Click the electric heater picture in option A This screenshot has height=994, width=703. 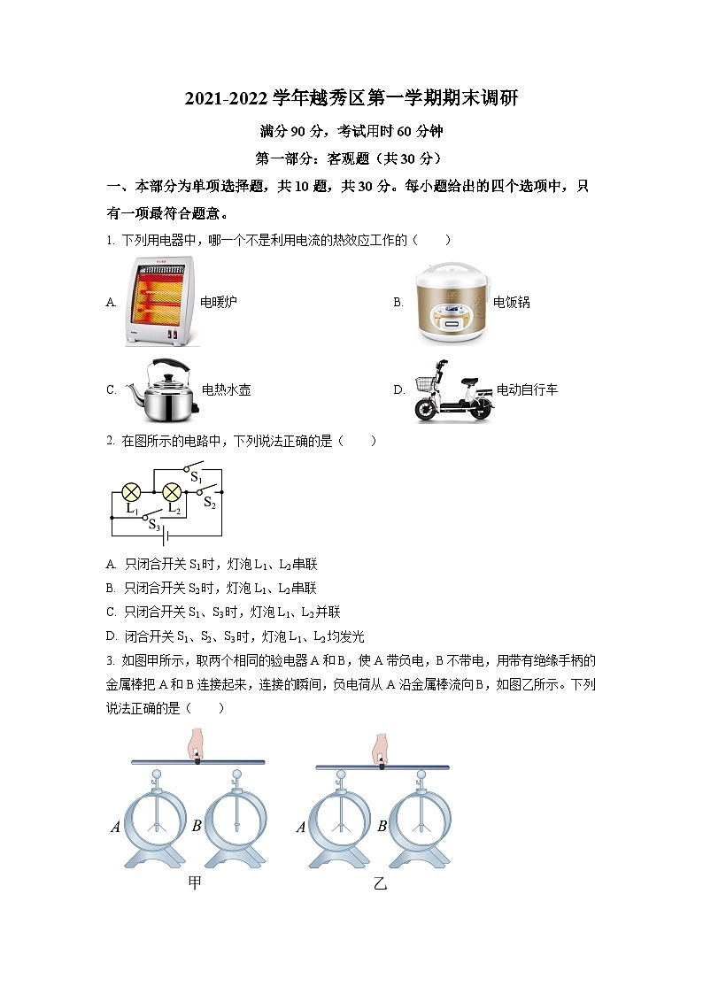tap(158, 301)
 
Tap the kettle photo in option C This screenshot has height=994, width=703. tap(160, 389)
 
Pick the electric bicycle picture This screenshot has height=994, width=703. tap(452, 390)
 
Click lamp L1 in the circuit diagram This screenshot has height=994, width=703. tap(131, 492)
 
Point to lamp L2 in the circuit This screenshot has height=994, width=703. tap(173, 492)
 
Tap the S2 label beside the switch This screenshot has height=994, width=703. tap(210, 503)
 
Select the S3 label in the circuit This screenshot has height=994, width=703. tap(154, 524)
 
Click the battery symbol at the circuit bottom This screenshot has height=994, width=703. tap(165, 536)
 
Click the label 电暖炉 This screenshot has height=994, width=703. tap(218, 302)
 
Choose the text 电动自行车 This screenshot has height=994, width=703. tap(527, 389)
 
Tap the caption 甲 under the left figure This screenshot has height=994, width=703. tap(195, 882)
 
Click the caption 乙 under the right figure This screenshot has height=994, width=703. tap(380, 882)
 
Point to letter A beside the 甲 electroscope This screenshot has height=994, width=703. tap(115, 828)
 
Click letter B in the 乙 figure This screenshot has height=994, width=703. tap(382, 827)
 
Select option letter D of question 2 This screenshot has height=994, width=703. tap(111, 636)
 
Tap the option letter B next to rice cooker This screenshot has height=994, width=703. tap(398, 302)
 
